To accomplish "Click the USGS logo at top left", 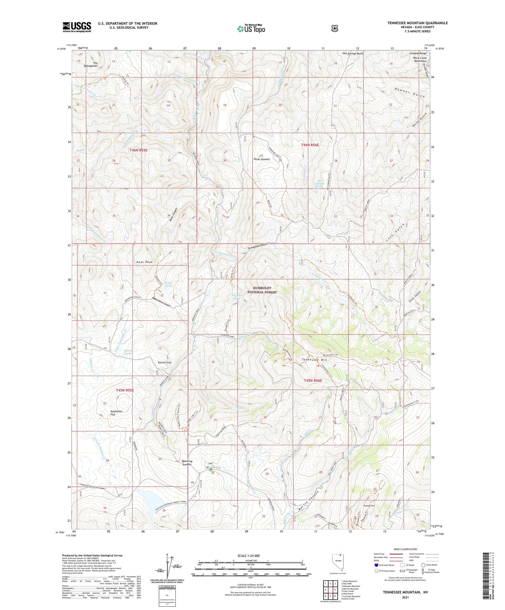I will (x=77, y=27).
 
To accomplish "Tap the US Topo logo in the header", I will (x=251, y=29).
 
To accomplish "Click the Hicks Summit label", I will (x=262, y=159).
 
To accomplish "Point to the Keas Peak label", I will (x=144, y=262).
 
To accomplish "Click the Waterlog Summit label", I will (x=184, y=463).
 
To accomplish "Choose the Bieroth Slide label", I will (x=165, y=362).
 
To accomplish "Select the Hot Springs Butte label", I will (x=353, y=53).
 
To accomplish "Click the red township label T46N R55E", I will (x=138, y=150).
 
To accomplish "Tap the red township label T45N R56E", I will (x=313, y=381).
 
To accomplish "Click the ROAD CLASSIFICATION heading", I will (x=403, y=549).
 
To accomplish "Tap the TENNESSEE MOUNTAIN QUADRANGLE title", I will (x=417, y=23).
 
